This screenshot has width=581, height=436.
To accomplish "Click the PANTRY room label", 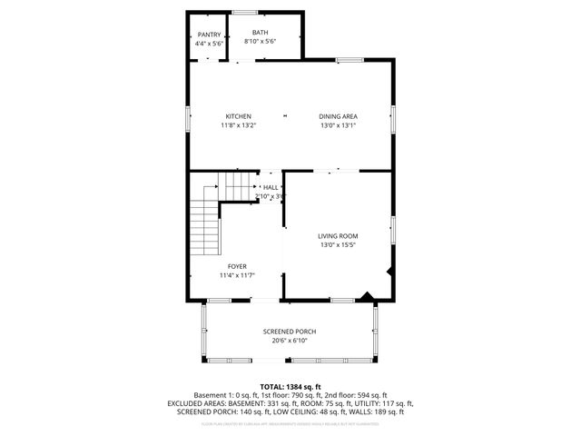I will coord(209,34).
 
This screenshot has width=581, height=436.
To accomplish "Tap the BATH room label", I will coord(260,33).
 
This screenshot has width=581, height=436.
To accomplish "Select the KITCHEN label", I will coord(238,116).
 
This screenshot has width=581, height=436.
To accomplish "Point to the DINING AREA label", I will coord(338,116).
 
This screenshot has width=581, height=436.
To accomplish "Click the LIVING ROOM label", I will coord(338,236).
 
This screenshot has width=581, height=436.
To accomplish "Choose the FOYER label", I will coord(237,266).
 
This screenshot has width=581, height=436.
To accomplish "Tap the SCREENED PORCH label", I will coord(290,332).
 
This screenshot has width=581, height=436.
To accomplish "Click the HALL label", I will coord(271,187).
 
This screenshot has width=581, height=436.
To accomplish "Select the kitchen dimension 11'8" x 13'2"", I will coord(238,125).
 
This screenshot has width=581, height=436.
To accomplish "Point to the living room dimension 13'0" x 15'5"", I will coord(338,245).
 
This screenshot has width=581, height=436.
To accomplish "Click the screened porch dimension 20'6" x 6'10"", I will coord(290,341).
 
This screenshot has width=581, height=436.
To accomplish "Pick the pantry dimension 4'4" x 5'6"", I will coord(209,43).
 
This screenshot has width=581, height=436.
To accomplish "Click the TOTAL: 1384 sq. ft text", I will coord(290,386).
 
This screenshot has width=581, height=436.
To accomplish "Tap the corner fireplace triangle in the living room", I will coord(365,295).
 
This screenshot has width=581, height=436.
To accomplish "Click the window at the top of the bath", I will coord(245,12).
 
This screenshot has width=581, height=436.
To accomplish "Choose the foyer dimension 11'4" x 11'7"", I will coord(237,275).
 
